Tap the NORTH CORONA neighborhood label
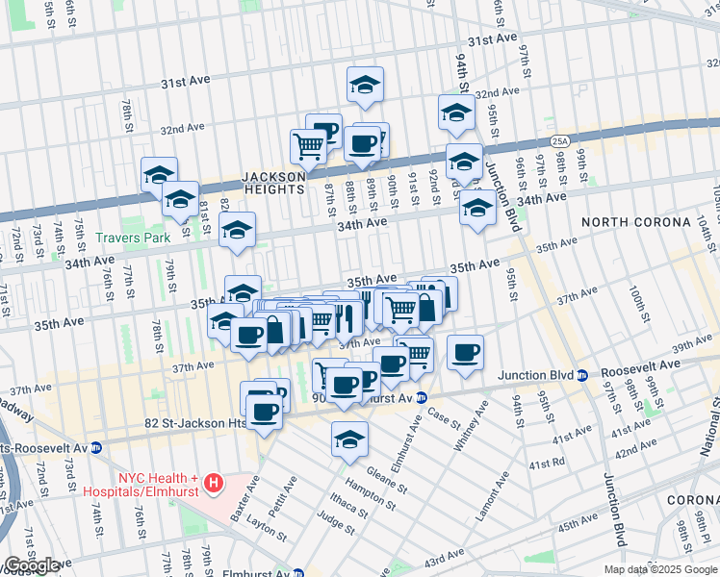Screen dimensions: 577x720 tap(635, 222)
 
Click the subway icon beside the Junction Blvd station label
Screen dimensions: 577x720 tap(582, 375)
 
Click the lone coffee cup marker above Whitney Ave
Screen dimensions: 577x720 tap(465, 352)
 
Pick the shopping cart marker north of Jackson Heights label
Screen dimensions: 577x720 tap(308, 146)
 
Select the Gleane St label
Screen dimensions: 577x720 tap(382, 480)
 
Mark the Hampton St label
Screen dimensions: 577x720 tap(372, 496)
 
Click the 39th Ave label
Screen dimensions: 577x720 tap(691, 345)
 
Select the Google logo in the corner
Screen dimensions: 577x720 tap(32, 565)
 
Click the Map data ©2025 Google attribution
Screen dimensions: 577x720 tap(660, 569)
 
